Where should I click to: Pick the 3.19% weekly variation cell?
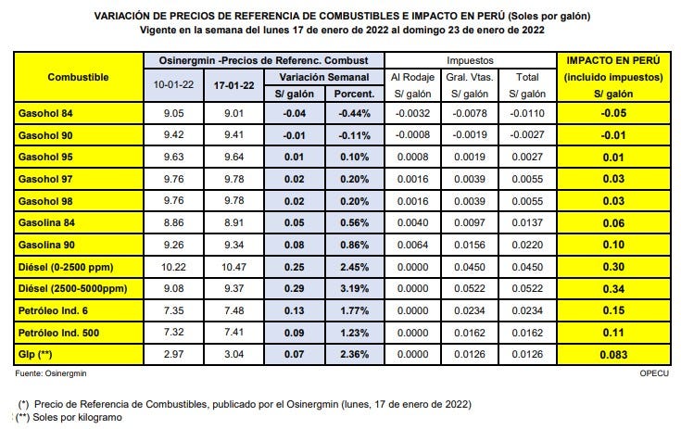click(x=355, y=291)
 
